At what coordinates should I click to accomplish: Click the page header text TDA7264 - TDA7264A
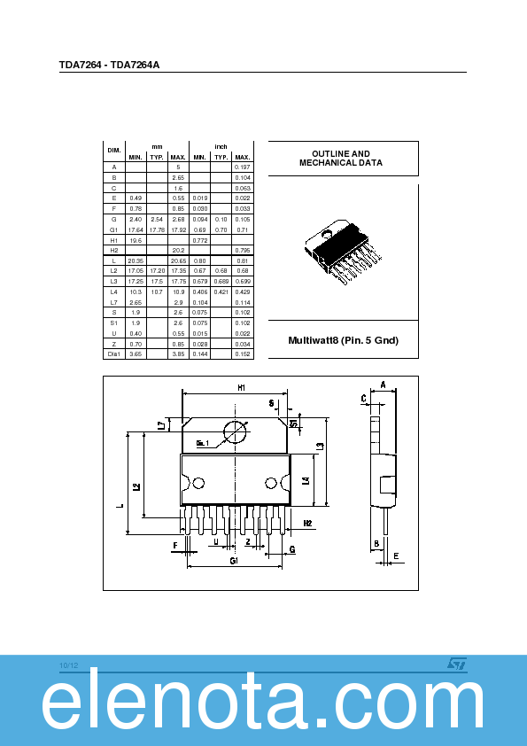tap(109, 65)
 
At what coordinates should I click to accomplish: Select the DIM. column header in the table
tap(113, 151)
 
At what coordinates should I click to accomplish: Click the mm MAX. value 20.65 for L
tap(178, 261)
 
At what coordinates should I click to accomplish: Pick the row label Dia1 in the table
tap(113, 354)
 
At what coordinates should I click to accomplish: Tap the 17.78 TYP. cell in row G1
tap(157, 229)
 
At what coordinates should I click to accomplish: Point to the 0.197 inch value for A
tap(242, 167)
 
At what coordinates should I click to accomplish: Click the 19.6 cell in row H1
tap(136, 240)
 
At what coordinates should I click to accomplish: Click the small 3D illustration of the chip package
tap(343, 253)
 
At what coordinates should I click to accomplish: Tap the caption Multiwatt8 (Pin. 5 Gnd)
tap(344, 340)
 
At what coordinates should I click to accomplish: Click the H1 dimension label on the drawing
tap(241, 388)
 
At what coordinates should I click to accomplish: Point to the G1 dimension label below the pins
tap(234, 562)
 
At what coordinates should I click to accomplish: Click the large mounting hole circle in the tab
tap(236, 432)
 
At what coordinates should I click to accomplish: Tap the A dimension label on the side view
tap(383, 385)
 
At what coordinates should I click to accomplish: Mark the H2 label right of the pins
tap(307, 524)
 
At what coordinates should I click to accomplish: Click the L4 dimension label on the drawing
tap(306, 481)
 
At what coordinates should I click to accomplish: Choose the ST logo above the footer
tap(455, 663)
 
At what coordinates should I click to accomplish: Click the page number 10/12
tap(69, 665)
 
